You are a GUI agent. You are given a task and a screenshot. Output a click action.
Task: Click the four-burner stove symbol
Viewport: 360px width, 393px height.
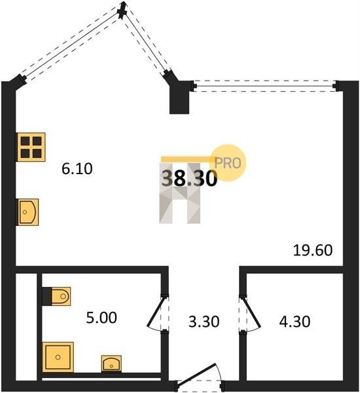coord(31,147)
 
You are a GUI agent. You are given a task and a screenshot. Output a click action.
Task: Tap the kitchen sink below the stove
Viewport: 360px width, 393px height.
coord(27,212)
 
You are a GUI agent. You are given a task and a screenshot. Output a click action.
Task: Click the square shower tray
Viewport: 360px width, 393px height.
coord(58,357)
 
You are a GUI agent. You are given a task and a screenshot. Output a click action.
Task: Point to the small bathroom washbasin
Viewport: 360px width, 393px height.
coord(111,364)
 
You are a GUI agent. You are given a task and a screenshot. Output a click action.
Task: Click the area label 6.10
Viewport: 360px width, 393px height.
coord(77,169)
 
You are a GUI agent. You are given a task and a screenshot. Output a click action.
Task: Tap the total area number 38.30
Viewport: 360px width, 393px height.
coord(189,178)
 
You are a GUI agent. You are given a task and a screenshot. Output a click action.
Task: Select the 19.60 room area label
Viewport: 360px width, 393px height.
coord(313,250)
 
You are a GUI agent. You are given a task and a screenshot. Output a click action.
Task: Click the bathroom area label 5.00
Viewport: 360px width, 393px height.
coord(101,318)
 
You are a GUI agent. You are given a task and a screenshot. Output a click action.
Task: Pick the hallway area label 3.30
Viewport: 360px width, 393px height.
coord(204,322)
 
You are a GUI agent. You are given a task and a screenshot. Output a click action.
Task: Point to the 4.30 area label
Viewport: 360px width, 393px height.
coord(295,322)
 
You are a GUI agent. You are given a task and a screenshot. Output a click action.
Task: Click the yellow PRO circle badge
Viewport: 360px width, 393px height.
coord(228,163)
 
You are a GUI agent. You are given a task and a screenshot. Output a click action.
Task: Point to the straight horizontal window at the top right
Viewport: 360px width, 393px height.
coord(265,86)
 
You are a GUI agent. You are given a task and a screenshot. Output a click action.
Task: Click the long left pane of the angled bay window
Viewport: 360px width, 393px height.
coord(70,45)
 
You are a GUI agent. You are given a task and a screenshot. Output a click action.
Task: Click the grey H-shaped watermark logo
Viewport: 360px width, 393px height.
coord(180,193)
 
